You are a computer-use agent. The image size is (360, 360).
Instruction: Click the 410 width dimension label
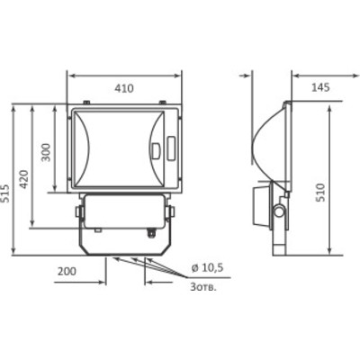click(x=124, y=88)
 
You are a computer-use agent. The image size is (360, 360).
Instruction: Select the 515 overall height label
click(x=5, y=193)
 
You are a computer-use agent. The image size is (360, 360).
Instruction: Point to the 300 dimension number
click(x=46, y=152)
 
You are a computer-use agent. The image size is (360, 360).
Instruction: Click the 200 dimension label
click(x=67, y=271)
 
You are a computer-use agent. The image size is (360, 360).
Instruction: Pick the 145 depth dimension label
click(x=320, y=87)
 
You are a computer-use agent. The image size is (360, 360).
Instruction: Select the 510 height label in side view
click(x=320, y=193)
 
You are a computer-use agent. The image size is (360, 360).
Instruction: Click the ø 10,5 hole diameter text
click(x=207, y=267)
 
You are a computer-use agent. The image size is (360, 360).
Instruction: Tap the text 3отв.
click(x=203, y=287)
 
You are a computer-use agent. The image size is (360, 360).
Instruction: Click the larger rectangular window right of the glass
click(x=171, y=148)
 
